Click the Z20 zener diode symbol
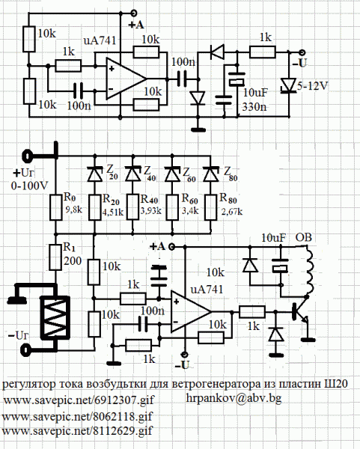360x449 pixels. click(x=95, y=174)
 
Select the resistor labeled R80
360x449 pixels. click(x=210, y=207)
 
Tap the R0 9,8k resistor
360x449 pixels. click(x=56, y=207)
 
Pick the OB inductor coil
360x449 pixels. click(x=309, y=269)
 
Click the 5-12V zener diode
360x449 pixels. click(x=289, y=85)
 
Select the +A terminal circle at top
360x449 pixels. click(x=133, y=13)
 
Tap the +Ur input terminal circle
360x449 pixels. click(x=27, y=156)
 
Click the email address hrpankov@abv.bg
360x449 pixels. click(x=234, y=398)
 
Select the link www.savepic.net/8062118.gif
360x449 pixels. click(x=77, y=416)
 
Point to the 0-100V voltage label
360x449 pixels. click(x=29, y=186)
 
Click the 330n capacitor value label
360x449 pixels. click(x=254, y=107)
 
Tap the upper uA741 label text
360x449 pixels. click(x=100, y=40)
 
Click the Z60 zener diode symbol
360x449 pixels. click(x=172, y=174)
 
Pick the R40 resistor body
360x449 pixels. click(x=133, y=207)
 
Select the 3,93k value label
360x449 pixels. click(x=151, y=211)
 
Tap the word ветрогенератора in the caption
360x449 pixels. click(x=216, y=384)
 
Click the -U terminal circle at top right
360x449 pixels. click(x=302, y=52)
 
